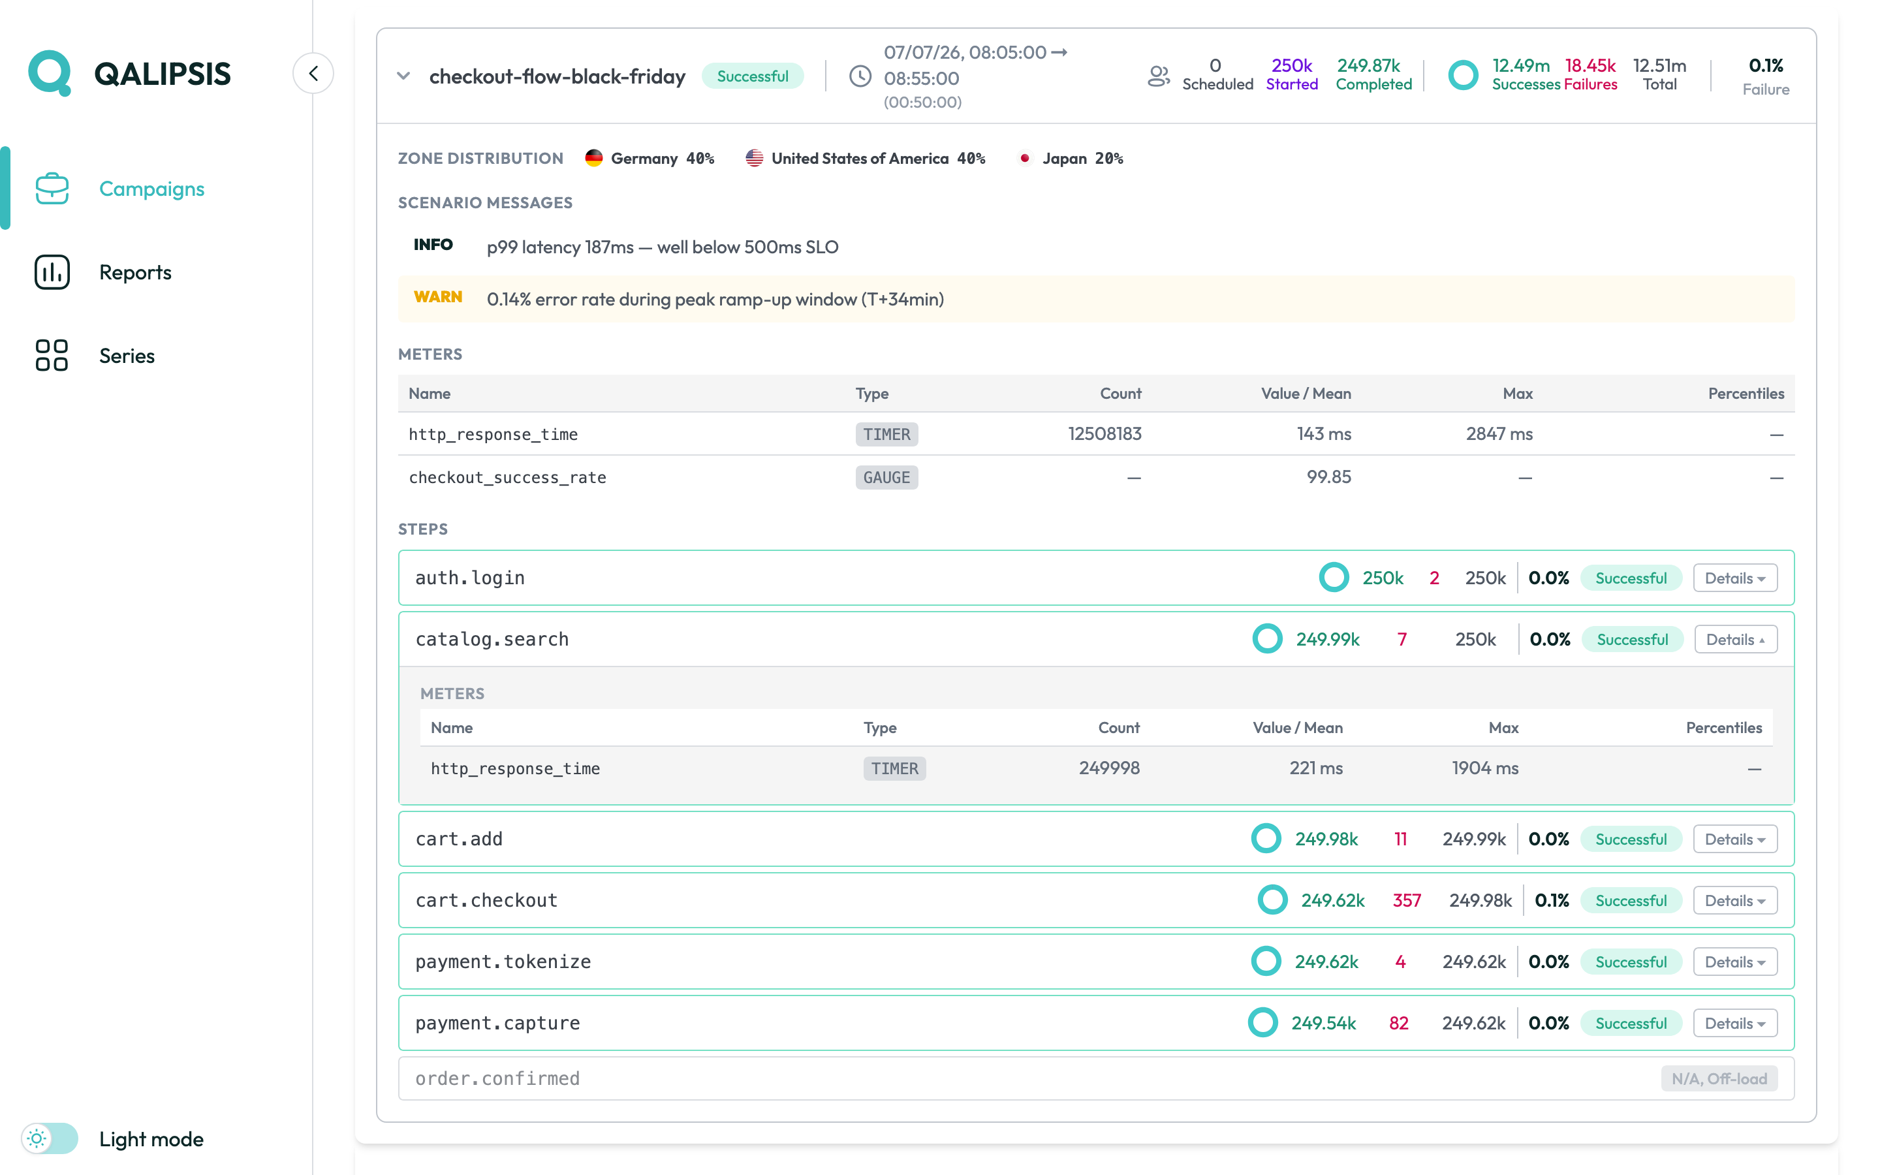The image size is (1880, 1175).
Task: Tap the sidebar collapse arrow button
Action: (x=313, y=73)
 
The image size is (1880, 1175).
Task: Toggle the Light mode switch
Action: (x=50, y=1138)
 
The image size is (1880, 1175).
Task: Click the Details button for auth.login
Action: (x=1734, y=578)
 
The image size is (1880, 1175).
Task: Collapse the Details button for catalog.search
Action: (x=1736, y=640)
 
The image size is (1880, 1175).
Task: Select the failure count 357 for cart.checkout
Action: (x=1406, y=900)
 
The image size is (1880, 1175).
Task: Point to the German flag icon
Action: (x=593, y=158)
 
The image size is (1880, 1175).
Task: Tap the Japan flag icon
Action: (x=1025, y=158)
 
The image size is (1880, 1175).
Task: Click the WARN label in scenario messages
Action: (x=437, y=298)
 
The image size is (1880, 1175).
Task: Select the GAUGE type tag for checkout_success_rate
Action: (x=886, y=477)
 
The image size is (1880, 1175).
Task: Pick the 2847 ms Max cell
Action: (x=1499, y=433)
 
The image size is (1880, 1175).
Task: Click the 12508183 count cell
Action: (x=1104, y=433)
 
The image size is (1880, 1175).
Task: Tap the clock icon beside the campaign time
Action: (x=860, y=76)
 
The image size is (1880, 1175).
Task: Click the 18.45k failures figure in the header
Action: (x=1590, y=65)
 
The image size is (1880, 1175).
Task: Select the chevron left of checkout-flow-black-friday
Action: (x=403, y=76)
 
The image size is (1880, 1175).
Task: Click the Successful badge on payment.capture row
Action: (x=1631, y=1024)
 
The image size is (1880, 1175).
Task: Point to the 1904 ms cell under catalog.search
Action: (x=1484, y=768)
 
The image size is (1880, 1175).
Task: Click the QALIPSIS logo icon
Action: (x=50, y=73)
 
